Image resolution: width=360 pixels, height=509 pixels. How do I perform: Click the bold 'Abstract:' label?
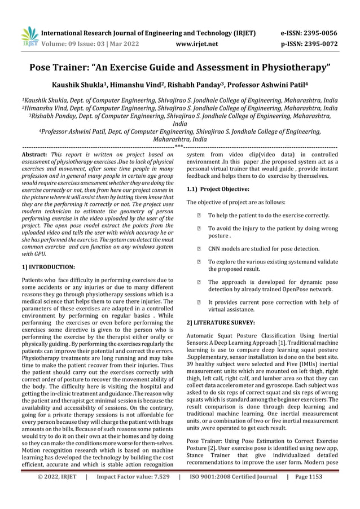34,153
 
